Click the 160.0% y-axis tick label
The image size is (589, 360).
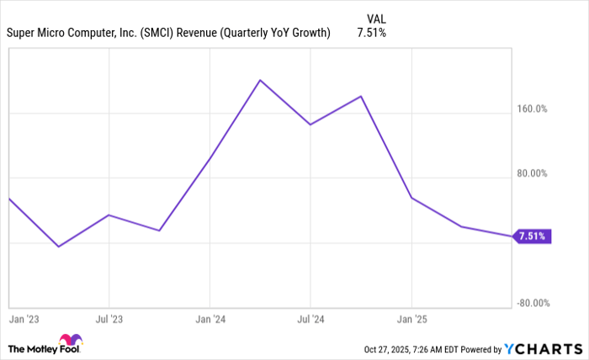click(x=532, y=109)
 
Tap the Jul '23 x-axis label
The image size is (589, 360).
click(x=109, y=320)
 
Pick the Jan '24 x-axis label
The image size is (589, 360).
click(x=210, y=320)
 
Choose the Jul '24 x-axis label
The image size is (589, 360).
click(x=310, y=320)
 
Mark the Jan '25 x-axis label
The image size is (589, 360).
click(x=411, y=320)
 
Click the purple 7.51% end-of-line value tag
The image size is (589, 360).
click(x=533, y=236)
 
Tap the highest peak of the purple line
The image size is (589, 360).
click(x=260, y=80)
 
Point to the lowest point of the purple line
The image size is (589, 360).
click(x=58, y=246)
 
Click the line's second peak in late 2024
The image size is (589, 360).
click(x=361, y=96)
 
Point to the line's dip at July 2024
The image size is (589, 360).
click(x=310, y=124)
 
